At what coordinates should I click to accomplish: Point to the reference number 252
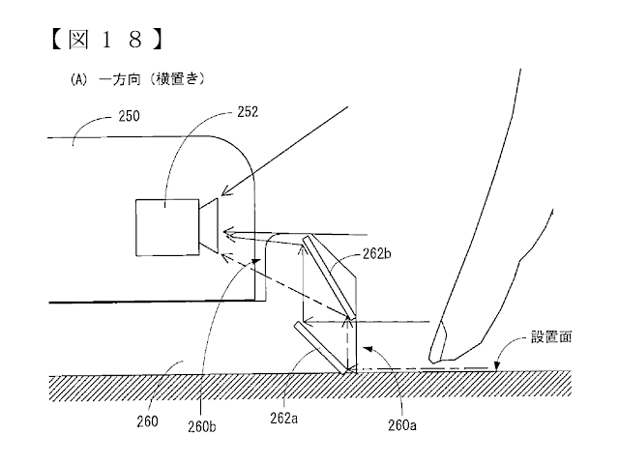[249, 112]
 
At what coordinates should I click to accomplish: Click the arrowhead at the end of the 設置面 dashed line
[494, 367]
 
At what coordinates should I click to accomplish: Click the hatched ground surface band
[309, 391]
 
